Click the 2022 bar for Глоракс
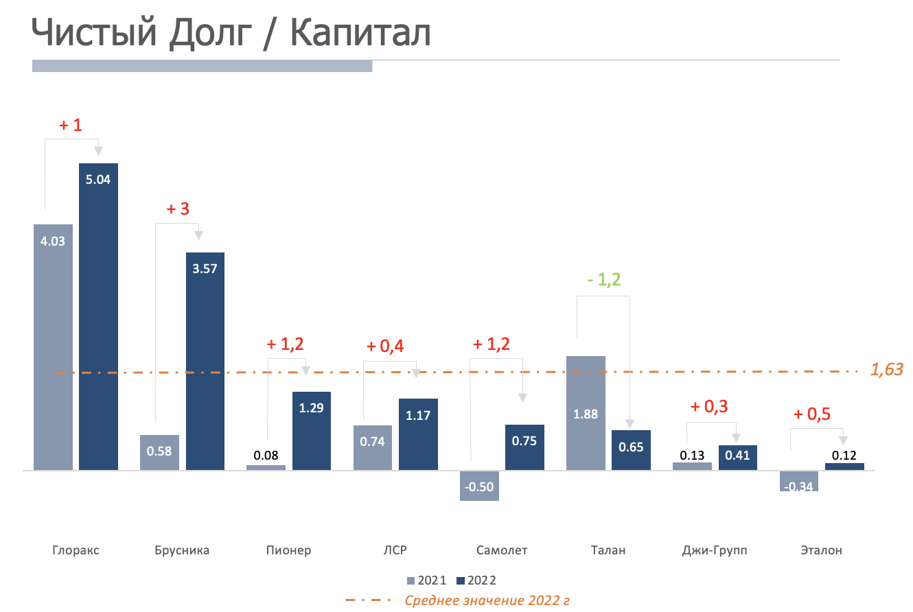coord(98,316)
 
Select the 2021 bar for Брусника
coord(159,452)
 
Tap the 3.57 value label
coord(205,269)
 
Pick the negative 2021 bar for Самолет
coord(479,486)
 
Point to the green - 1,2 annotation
coord(603,280)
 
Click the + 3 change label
coord(178,209)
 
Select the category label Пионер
coord(288,550)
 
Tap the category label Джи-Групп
coord(715,550)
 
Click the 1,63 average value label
coord(887,370)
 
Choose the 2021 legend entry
coord(426,580)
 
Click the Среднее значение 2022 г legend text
coord(487,600)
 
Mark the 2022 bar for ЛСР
coord(418,434)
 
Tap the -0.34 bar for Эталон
coord(799,481)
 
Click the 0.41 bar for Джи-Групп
coord(738,458)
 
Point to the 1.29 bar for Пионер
coord(312,431)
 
